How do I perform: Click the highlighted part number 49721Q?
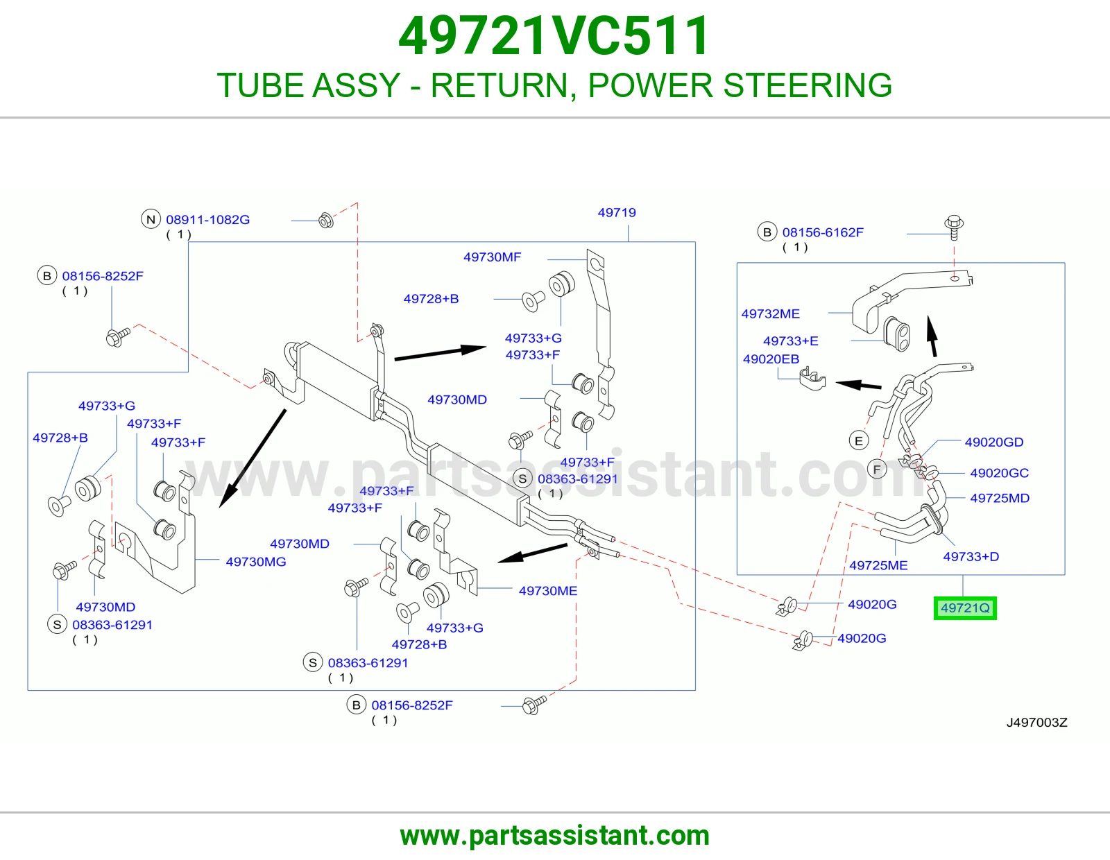[965, 608]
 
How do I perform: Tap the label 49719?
[617, 212]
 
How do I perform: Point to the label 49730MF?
[492, 257]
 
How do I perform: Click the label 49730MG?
[256, 562]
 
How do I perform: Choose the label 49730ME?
[548, 591]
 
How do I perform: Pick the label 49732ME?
[770, 313]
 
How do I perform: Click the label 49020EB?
[771, 359]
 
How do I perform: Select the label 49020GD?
[994, 442]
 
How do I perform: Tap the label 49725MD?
[1000, 498]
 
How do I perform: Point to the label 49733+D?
[971, 557]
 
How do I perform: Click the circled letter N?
[151, 220]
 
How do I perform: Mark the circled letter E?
[859, 440]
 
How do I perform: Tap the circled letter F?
[877, 470]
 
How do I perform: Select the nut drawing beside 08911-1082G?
[326, 221]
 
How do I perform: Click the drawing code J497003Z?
[1036, 723]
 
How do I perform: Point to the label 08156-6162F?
[823, 232]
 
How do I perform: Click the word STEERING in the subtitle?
[808, 85]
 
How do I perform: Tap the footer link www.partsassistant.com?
[555, 836]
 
